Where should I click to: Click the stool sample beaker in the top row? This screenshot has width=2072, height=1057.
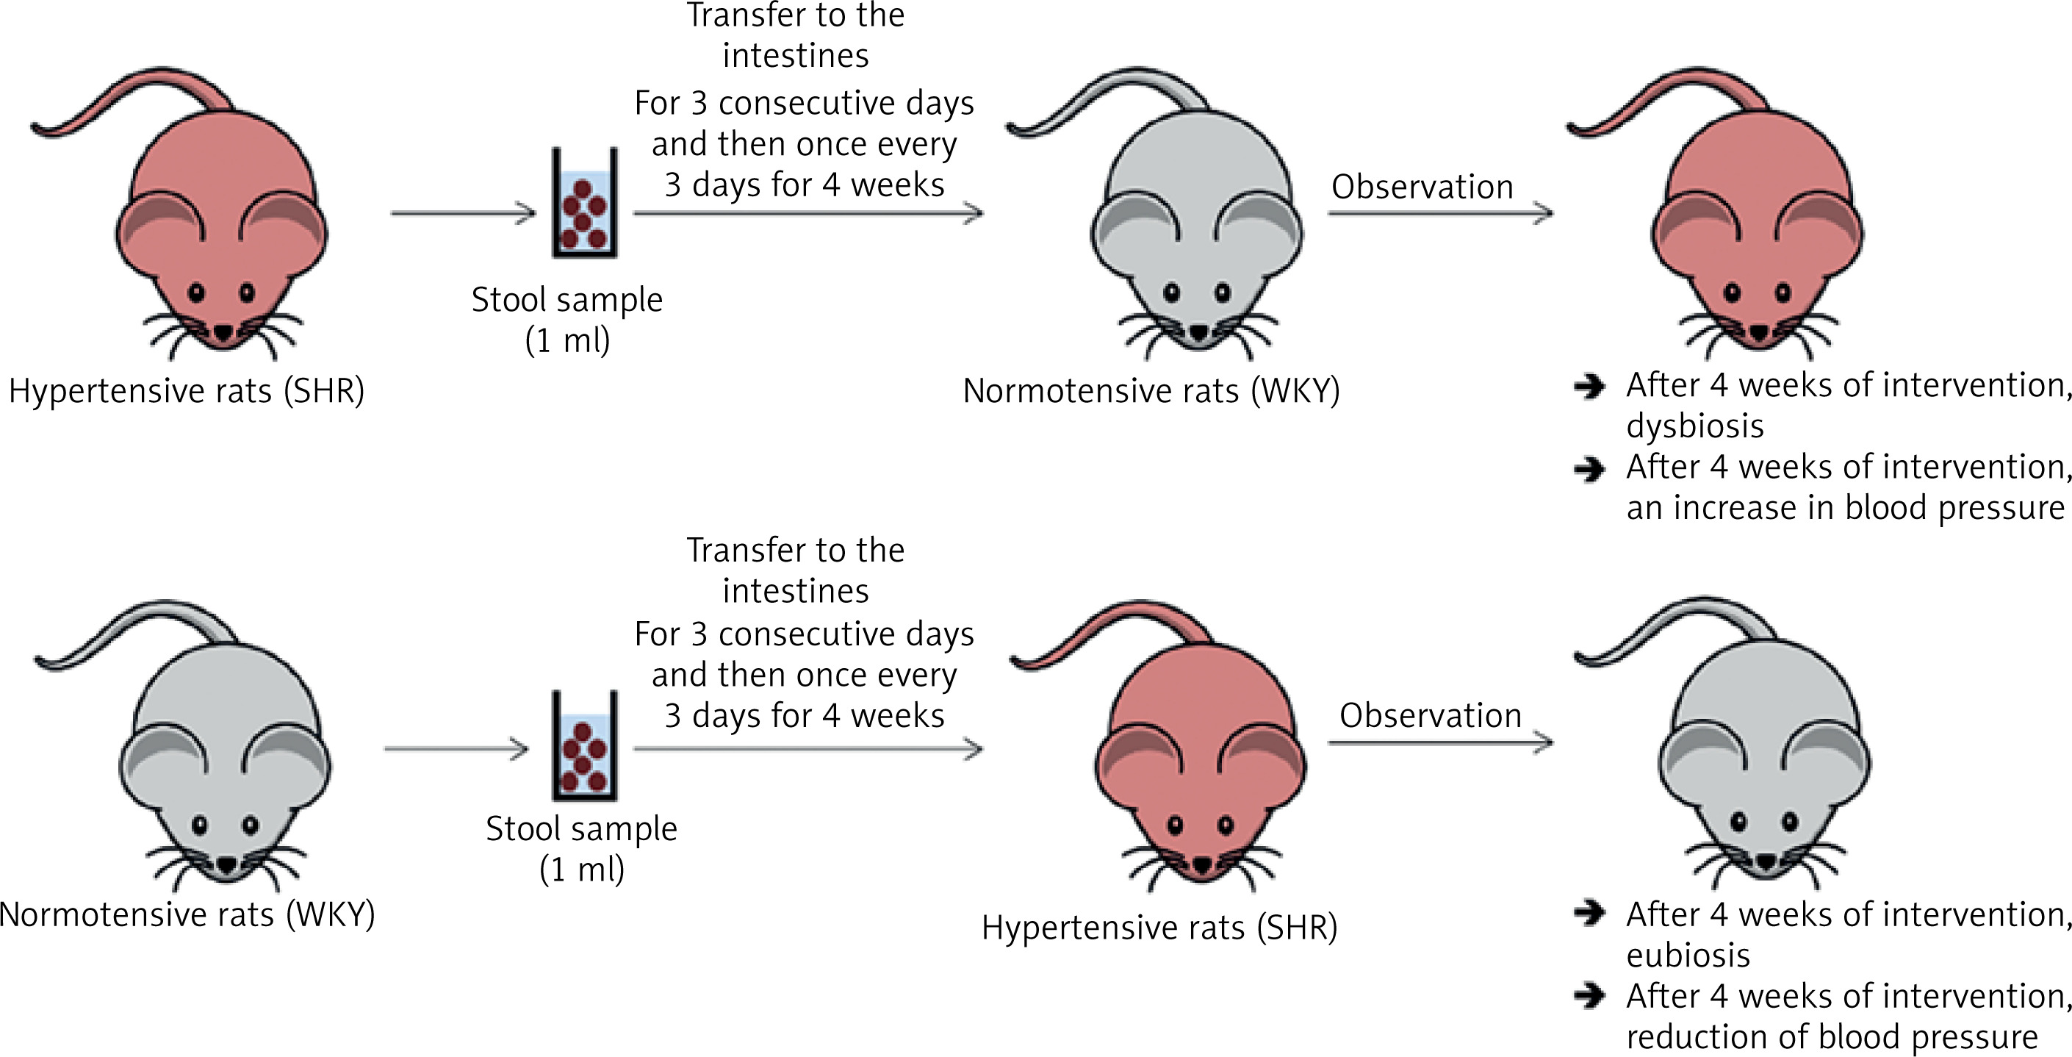click(584, 205)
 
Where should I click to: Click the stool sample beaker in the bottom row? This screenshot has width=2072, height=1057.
click(584, 747)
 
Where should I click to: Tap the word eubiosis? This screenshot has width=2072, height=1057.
click(1688, 956)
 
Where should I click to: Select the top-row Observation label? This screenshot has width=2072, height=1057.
click(1422, 187)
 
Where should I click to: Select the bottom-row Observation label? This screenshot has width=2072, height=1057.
click(1430, 715)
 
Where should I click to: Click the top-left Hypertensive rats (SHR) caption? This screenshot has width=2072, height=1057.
click(187, 391)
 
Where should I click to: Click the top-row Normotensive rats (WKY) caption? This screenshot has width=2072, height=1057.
click(1151, 391)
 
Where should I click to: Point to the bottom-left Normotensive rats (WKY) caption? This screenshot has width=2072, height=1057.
click(187, 914)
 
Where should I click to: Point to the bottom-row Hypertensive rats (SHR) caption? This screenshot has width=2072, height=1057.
click(1159, 928)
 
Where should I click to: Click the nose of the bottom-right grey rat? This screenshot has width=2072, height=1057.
click(1765, 861)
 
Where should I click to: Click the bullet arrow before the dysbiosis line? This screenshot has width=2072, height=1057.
click(1589, 387)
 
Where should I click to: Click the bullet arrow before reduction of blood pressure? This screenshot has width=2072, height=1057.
click(1589, 997)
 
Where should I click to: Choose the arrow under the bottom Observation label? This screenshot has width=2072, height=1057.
click(1440, 742)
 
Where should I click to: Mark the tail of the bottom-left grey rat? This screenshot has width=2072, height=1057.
click(137, 636)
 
